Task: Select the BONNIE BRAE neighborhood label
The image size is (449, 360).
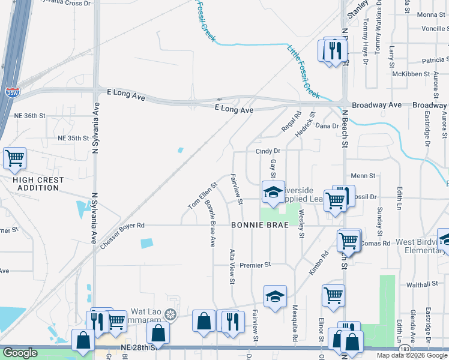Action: (x=259, y=225)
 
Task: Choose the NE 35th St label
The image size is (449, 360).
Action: (x=73, y=138)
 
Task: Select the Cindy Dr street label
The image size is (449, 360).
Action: (x=268, y=152)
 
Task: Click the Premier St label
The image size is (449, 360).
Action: (x=256, y=264)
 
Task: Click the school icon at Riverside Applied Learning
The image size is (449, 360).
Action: (x=273, y=193)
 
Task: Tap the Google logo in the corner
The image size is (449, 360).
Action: (x=20, y=353)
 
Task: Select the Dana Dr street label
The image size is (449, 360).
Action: (x=327, y=126)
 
